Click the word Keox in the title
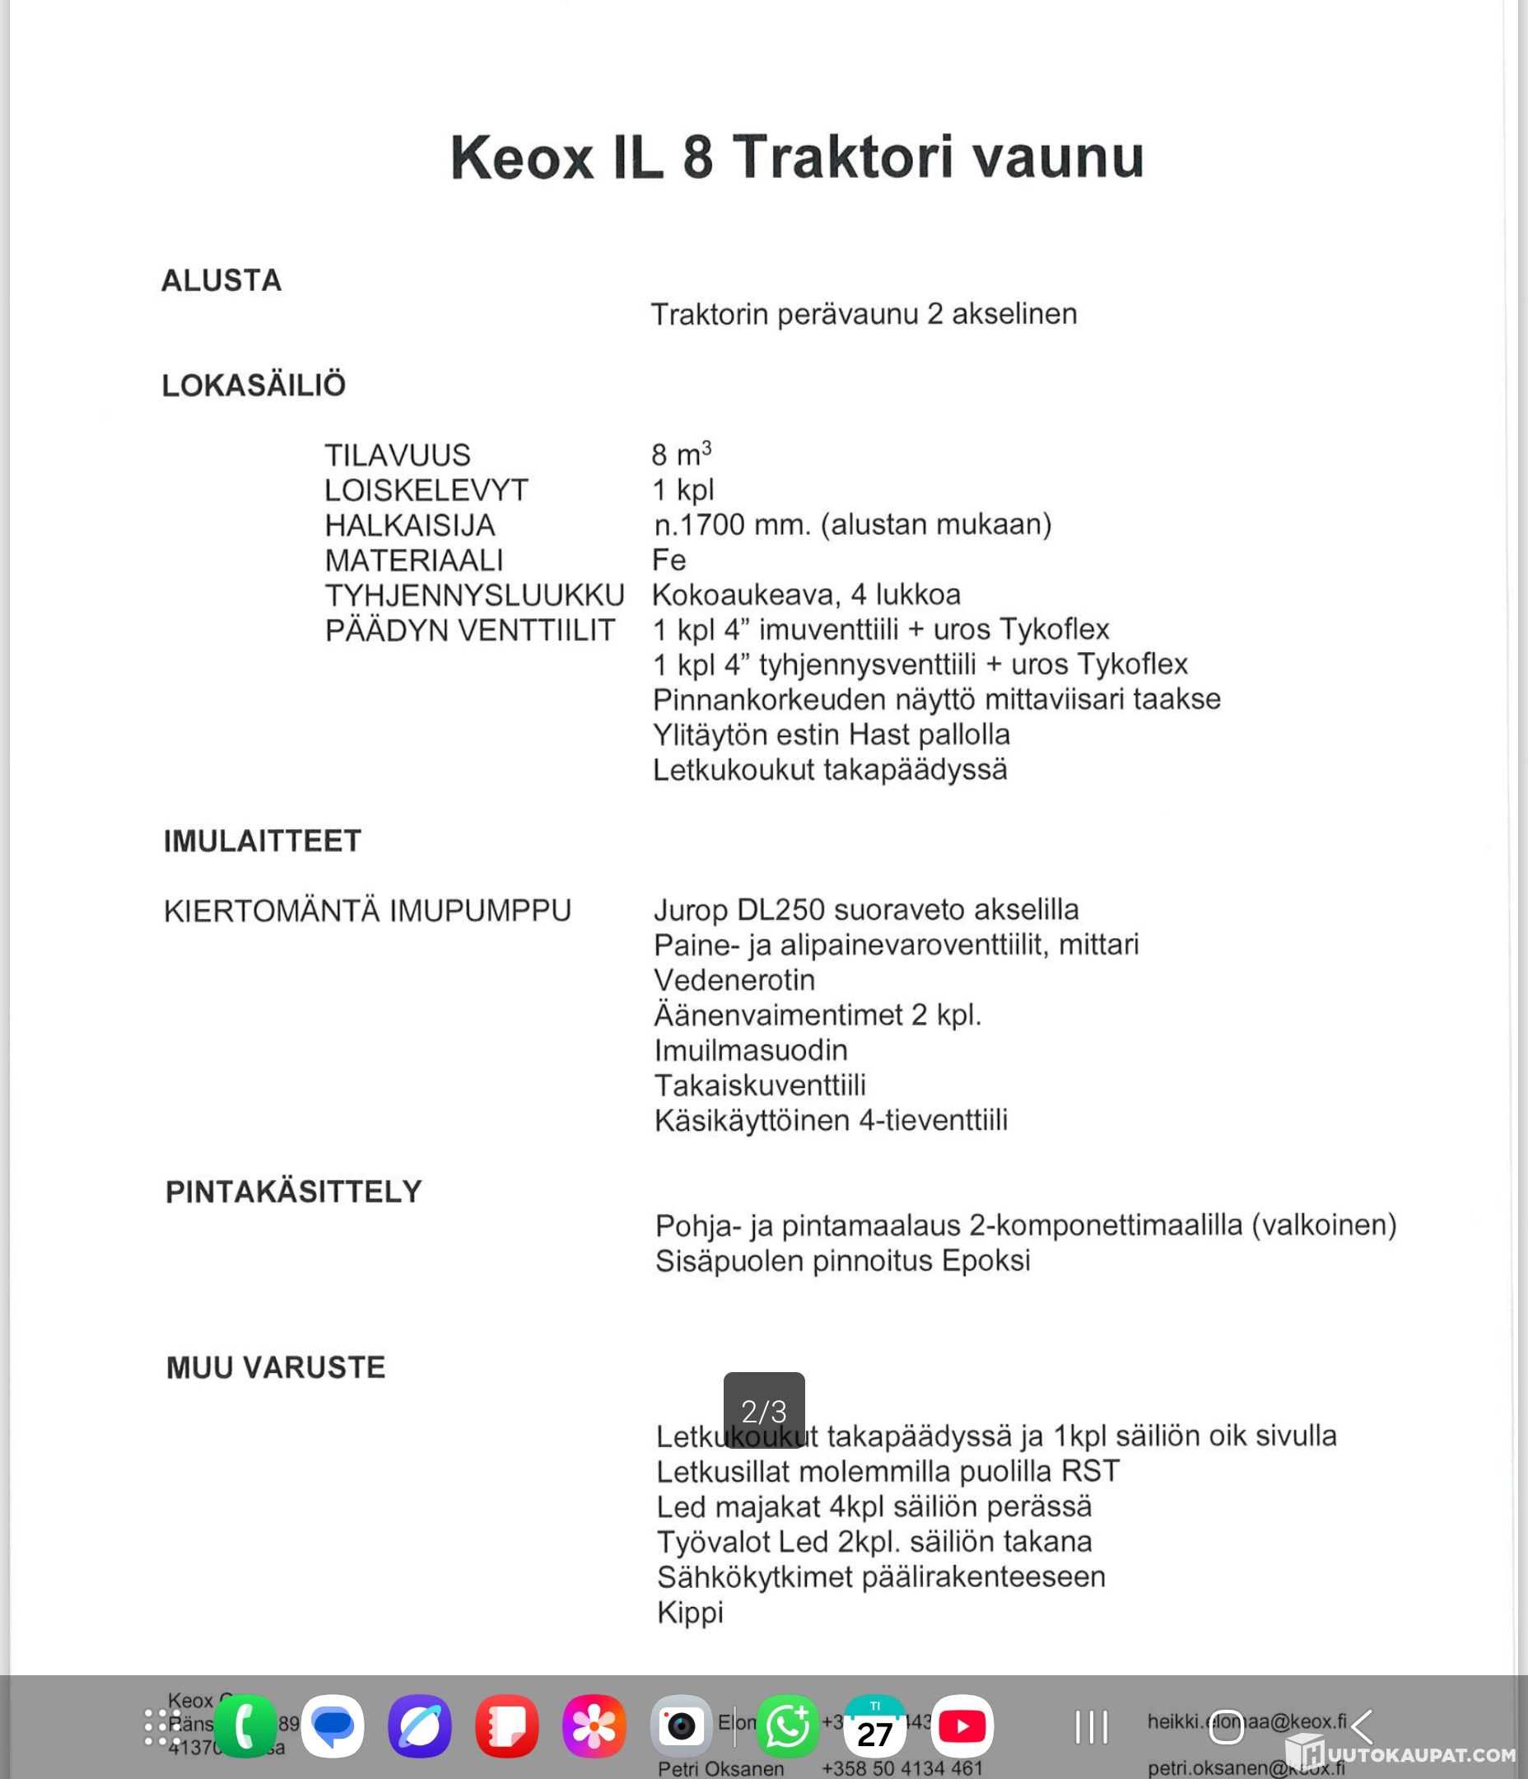click(521, 158)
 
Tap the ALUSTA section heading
click(221, 281)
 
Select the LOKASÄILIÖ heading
click(254, 385)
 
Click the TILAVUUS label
click(398, 455)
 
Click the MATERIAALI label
click(414, 561)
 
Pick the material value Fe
click(668, 560)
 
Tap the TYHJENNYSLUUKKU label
click(475, 595)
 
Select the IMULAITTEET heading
click(263, 841)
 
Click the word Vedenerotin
click(735, 979)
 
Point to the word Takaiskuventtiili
click(760, 1086)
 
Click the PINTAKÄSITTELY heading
click(294, 1192)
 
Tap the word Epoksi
click(985, 1260)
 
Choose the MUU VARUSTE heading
click(276, 1368)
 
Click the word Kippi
click(690, 1613)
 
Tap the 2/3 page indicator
click(764, 1411)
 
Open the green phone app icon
click(245, 1725)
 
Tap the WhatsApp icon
click(787, 1725)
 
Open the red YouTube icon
click(962, 1725)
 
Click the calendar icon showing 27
click(875, 1725)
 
